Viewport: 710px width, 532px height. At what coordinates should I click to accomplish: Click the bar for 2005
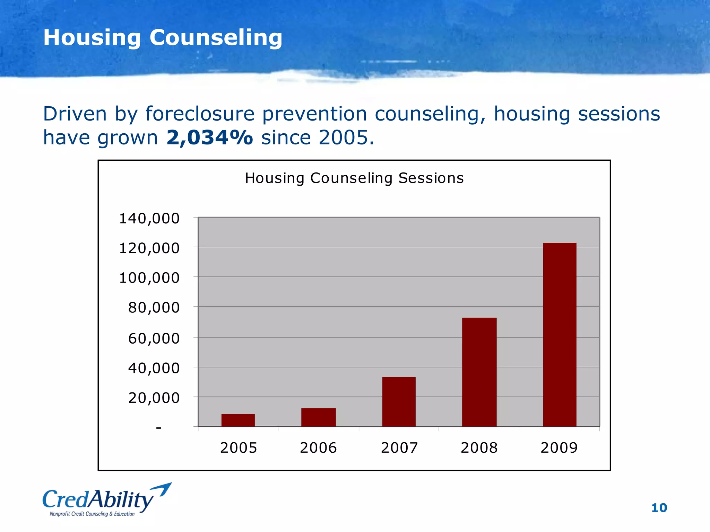click(x=238, y=420)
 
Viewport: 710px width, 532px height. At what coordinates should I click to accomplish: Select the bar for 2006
click(x=318, y=417)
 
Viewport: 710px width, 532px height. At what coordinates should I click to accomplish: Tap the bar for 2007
click(x=399, y=402)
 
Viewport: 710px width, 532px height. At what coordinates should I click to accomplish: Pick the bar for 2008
click(x=479, y=372)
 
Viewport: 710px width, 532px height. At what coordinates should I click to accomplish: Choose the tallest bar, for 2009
click(x=560, y=335)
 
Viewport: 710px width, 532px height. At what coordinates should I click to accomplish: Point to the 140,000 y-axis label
click(x=149, y=219)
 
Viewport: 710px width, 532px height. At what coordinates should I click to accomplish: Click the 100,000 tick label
click(x=149, y=278)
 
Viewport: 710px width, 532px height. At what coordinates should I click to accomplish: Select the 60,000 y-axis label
click(x=154, y=338)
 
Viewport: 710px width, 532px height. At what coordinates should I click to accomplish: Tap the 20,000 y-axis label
click(x=154, y=398)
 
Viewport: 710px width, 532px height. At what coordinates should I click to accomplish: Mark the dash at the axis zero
click(x=159, y=428)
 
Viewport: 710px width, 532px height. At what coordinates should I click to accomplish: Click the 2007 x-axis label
click(x=399, y=448)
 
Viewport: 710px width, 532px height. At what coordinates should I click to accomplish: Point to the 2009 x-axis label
click(x=559, y=448)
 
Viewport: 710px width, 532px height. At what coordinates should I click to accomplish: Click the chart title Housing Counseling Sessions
click(x=354, y=178)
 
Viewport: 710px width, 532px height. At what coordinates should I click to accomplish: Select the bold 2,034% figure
click(x=210, y=138)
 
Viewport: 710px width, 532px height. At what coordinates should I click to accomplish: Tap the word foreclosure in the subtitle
click(x=200, y=114)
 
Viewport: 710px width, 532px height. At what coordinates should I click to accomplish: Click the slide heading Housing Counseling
click(x=163, y=37)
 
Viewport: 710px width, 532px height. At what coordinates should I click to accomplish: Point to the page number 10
click(x=659, y=508)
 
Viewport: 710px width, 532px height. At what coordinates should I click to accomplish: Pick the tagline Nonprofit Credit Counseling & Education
click(x=92, y=514)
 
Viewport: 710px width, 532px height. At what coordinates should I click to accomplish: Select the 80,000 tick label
click(x=154, y=308)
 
